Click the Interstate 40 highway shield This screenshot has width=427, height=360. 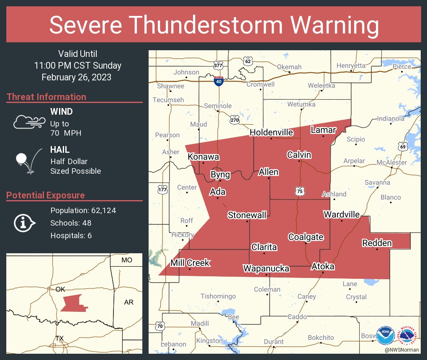pyautogui.click(x=218, y=81)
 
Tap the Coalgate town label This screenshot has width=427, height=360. pyautogui.click(x=306, y=237)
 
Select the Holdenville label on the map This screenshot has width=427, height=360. pyautogui.click(x=271, y=132)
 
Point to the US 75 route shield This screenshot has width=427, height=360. pyautogui.click(x=300, y=191)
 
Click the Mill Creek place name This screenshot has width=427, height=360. pyautogui.click(x=190, y=263)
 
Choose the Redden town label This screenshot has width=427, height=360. pyautogui.click(x=377, y=243)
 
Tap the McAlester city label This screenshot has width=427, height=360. pyautogui.click(x=391, y=162)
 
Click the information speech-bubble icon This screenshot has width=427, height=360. pyautogui.click(x=24, y=223)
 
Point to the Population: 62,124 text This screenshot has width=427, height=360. pyautogui.click(x=83, y=211)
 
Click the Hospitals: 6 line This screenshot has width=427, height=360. pyautogui.click(x=71, y=236)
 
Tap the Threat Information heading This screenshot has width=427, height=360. pyautogui.click(x=46, y=97)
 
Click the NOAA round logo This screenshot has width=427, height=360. pyautogui.click(x=386, y=336)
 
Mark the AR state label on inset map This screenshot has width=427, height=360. pyautogui.click(x=129, y=302)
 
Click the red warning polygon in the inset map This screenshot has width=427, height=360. pyautogui.click(x=73, y=303)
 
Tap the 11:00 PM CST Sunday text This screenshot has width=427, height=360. pyautogui.click(x=78, y=66)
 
